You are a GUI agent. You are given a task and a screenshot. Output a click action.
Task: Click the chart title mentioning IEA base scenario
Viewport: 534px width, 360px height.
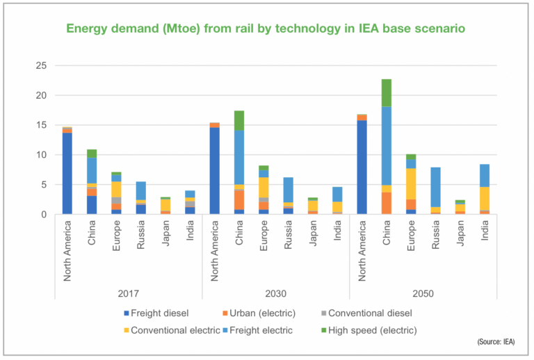(266, 28)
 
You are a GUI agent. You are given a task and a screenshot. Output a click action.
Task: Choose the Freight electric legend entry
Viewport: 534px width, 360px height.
(275, 330)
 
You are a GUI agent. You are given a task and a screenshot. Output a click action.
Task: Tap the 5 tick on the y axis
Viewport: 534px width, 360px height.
(43, 185)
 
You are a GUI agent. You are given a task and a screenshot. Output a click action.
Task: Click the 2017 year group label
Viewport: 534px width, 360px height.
(129, 293)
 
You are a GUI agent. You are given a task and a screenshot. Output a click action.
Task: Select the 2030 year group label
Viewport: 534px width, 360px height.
(275, 293)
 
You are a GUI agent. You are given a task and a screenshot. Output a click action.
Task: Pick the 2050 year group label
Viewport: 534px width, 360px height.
(423, 293)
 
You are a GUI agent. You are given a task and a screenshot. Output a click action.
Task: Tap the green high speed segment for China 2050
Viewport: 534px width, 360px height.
(386, 92)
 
